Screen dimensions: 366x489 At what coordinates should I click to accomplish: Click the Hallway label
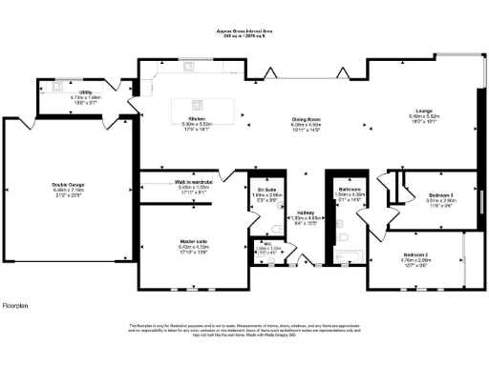[306, 213]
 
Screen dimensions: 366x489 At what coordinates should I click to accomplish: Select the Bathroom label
[349, 189]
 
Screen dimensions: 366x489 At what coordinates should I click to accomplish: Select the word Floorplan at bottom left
[16, 305]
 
